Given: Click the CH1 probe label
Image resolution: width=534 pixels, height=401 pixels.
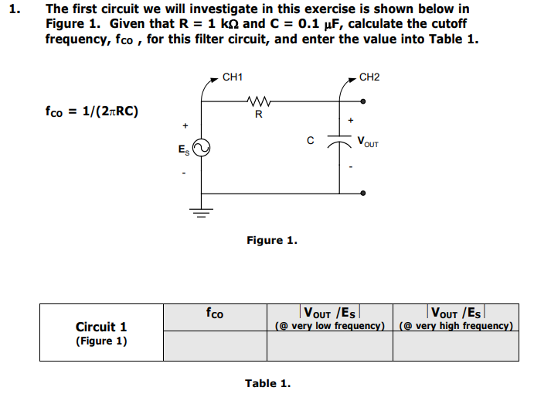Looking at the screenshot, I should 232,77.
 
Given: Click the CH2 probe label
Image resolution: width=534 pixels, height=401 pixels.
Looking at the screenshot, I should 369,77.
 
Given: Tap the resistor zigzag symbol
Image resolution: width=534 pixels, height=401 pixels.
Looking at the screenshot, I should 257,101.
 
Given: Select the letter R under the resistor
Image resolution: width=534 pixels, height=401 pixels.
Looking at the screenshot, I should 258,115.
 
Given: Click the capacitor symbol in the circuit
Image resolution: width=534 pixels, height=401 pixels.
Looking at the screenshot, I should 338,142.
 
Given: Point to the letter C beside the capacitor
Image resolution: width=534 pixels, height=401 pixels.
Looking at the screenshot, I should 310,141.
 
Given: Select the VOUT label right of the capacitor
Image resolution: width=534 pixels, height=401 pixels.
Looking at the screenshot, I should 368,142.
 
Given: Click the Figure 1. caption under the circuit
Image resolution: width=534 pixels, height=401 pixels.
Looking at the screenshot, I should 271,240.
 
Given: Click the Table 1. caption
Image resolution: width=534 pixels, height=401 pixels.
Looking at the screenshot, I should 267,382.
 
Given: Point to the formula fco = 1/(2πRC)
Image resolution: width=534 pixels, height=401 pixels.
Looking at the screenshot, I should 92,111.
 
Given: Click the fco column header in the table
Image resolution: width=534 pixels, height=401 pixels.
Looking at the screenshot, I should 214,314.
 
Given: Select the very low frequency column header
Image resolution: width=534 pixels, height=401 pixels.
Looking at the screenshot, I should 330,319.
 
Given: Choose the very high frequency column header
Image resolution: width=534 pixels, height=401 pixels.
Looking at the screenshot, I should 456,319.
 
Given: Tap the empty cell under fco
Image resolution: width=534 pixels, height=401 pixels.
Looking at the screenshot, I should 214,345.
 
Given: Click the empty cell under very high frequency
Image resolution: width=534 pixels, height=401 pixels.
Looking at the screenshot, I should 456,345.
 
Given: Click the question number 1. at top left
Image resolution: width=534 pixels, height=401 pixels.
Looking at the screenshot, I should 13,10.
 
